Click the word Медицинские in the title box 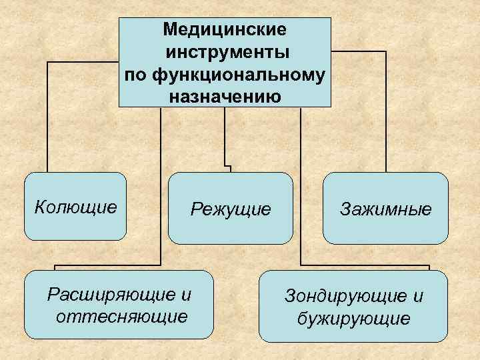(225, 30)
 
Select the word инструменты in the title (225, 52)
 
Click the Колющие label (75, 207)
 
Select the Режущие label (231, 209)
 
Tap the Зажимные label (386, 209)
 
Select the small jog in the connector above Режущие (227, 164)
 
